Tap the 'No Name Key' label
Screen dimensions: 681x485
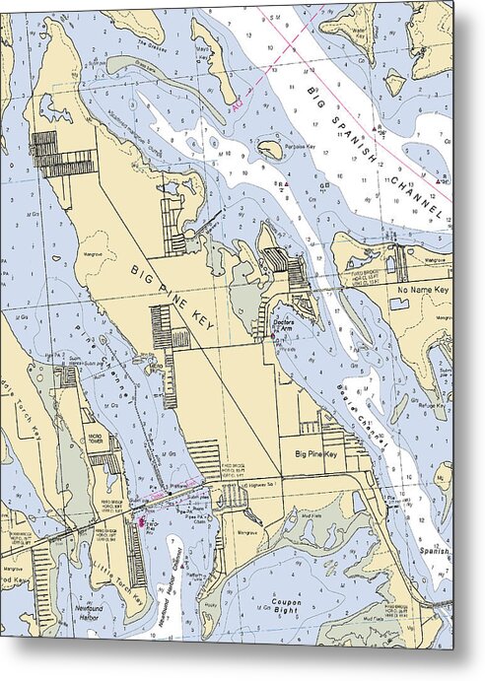[x=423, y=292]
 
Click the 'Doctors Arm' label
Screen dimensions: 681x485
[x=284, y=324]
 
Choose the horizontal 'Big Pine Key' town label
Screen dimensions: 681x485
[x=315, y=454]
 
